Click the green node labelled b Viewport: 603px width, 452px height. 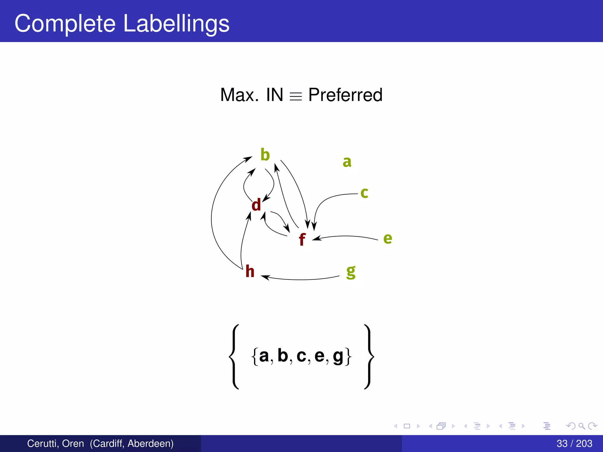[265, 155]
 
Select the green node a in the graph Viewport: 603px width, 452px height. [347, 162]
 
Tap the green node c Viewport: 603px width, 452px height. [364, 193]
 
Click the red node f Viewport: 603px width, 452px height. [302, 239]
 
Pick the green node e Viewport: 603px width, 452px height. [387, 238]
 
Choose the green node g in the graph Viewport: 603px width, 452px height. [351, 272]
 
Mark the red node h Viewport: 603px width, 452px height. [250, 271]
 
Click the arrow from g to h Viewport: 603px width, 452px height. [300, 279]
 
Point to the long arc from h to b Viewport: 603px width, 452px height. [212, 218]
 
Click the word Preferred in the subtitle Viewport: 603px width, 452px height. [345, 95]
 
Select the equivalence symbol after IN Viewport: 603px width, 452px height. [296, 96]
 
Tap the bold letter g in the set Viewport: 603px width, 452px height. [338, 357]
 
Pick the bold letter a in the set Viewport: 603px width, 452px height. [264, 356]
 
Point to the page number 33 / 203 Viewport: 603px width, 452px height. [574, 443]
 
